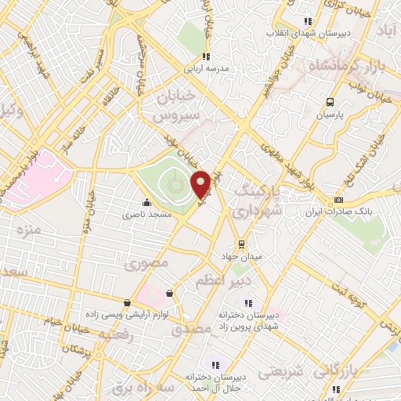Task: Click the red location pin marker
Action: pos(201,183)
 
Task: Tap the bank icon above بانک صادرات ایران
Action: pos(338,200)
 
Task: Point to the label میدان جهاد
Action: pos(241,255)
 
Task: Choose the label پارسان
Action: pos(330,114)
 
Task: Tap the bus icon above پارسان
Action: pos(330,102)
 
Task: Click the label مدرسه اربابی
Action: pos(206,69)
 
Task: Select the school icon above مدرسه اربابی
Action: pos(206,56)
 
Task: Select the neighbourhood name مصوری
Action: pos(147,265)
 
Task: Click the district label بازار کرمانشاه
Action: pos(345,62)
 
